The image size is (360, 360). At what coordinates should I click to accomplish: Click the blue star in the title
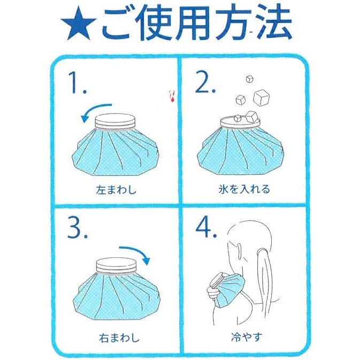click(x=79, y=24)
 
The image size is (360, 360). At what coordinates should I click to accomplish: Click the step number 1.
click(x=78, y=83)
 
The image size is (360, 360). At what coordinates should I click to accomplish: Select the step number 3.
click(x=78, y=227)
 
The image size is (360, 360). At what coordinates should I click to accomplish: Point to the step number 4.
click(x=206, y=227)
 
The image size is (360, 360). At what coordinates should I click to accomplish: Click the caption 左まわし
click(x=116, y=190)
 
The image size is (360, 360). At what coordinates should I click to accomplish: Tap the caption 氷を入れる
click(x=244, y=190)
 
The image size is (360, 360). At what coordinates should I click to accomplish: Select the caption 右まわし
click(x=119, y=338)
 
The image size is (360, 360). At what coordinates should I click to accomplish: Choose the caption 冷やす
click(x=247, y=337)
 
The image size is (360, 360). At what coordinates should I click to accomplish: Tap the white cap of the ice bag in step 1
click(x=116, y=121)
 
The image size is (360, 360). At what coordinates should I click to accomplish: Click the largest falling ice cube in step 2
click(x=262, y=97)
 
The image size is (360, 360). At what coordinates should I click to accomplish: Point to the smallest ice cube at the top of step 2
click(x=249, y=79)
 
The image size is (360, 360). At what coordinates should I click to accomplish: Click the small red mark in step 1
click(x=172, y=96)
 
